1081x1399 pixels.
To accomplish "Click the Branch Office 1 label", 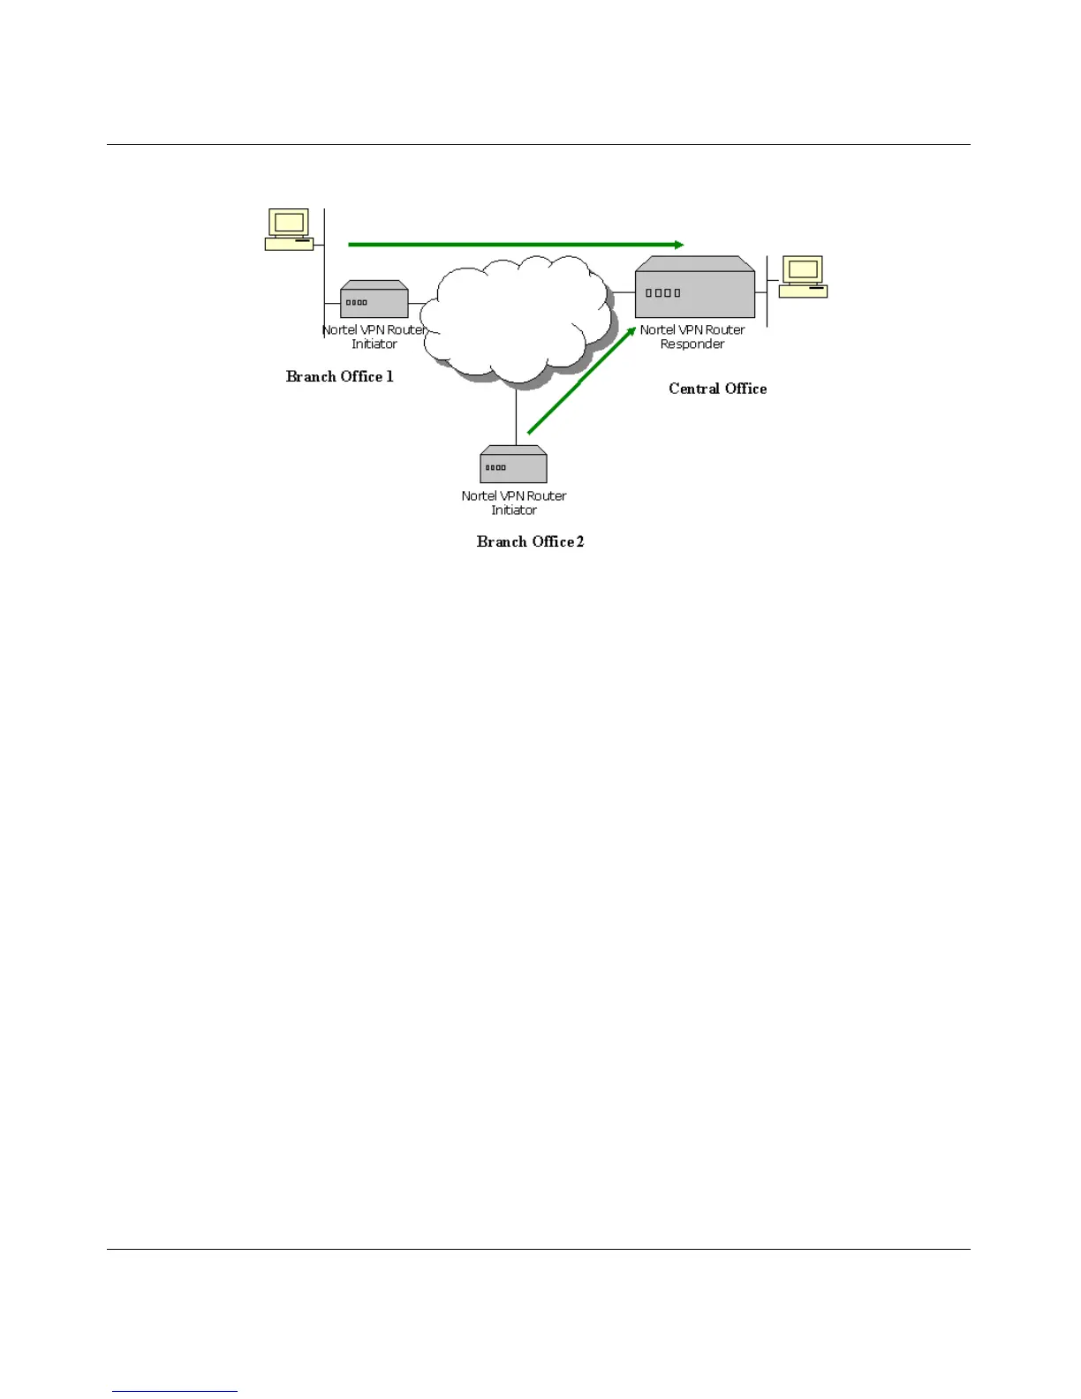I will coord(339,377).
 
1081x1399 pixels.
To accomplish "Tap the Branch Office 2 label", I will coord(530,542).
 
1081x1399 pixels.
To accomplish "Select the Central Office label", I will coord(717,389).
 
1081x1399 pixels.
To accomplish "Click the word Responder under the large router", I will coord(692,344).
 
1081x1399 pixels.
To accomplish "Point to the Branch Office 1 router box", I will coord(374,300).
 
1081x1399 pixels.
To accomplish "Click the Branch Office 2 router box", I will coord(513,465).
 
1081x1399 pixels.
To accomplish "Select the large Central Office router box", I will coord(695,289).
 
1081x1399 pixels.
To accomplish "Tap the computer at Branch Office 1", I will coord(290,230).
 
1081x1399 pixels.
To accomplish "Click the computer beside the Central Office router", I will coord(804,276).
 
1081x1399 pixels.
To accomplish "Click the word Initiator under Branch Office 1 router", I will coord(374,344).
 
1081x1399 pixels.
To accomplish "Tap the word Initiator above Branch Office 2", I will coord(514,510).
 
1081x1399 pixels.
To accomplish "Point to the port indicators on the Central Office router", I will coord(662,293).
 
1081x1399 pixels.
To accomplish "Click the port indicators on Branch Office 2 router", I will coord(495,468).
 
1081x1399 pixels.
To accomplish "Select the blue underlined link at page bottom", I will coord(175,1391).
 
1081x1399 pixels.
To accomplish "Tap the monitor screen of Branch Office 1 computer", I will coord(289,222).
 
